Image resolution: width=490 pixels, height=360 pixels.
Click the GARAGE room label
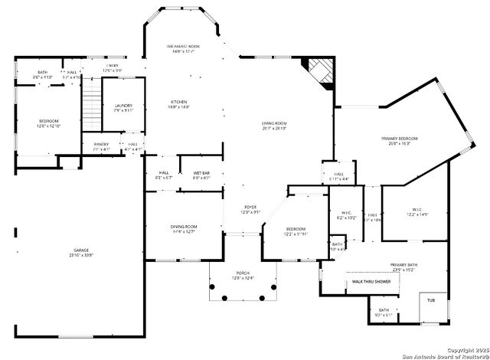[x=81, y=250]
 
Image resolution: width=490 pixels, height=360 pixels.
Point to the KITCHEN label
[x=178, y=102]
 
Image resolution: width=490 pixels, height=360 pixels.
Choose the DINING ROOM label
[x=185, y=227]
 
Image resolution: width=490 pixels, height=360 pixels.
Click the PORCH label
[x=242, y=273]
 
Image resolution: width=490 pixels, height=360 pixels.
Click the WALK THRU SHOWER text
[x=371, y=282]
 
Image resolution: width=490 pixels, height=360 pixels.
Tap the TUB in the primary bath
[x=431, y=300]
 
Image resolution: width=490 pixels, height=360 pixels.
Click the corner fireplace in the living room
[x=320, y=73]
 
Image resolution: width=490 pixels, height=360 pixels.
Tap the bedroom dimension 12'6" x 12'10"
[x=49, y=126]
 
